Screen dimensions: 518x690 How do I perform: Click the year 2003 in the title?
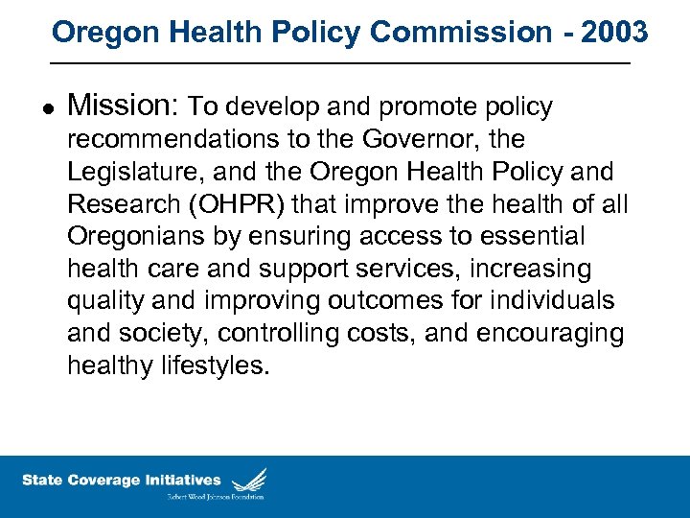coord(614,32)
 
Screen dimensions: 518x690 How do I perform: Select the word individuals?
coord(553,301)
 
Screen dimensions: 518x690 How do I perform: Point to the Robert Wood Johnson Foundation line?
coord(216,497)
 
